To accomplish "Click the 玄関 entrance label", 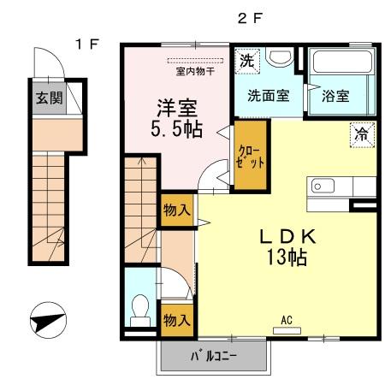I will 48,98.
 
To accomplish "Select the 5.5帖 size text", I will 178,132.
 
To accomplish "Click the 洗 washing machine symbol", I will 246,61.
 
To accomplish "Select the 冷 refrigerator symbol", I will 363,134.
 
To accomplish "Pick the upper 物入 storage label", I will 176,210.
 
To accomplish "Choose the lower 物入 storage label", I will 176,320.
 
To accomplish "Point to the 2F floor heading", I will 249,17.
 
